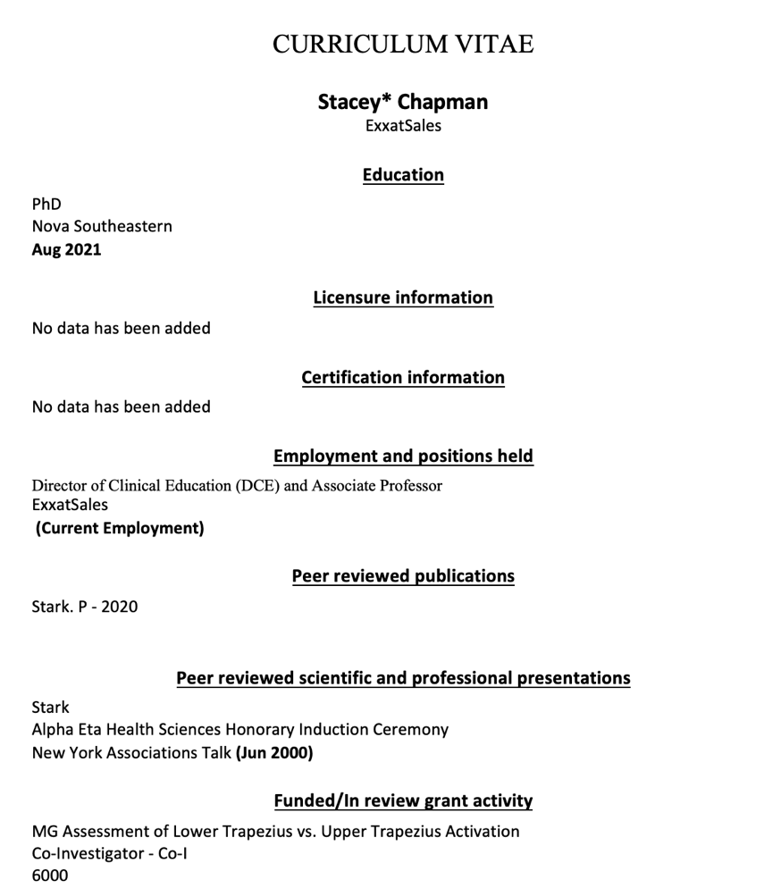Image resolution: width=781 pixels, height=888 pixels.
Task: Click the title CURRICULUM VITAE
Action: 402,44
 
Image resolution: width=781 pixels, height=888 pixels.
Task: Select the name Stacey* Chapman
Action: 402,102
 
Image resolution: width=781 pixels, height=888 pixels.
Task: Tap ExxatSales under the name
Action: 402,126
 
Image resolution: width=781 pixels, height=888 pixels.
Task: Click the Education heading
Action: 402,175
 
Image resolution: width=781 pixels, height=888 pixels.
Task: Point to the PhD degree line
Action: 46,205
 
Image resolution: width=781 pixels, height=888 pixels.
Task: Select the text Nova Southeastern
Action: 102,227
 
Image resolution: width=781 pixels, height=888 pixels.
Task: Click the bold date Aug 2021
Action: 66,249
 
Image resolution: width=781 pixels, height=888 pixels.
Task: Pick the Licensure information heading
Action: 402,297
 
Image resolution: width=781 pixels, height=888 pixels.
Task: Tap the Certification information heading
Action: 402,377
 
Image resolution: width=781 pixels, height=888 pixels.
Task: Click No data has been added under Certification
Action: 121,407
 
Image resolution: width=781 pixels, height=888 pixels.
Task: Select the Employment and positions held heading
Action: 402,457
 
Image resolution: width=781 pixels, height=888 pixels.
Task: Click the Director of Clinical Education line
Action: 237,486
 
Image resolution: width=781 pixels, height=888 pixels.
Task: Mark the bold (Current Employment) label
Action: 120,528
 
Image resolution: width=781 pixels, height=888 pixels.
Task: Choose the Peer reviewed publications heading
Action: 402,576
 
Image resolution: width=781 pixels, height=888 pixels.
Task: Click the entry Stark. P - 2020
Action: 85,607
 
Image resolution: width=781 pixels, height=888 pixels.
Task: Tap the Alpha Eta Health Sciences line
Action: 239,730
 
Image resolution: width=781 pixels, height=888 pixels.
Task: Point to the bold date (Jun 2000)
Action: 273,753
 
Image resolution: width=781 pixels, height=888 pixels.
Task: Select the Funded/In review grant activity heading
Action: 402,800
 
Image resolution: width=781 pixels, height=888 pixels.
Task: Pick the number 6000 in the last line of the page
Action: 50,875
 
